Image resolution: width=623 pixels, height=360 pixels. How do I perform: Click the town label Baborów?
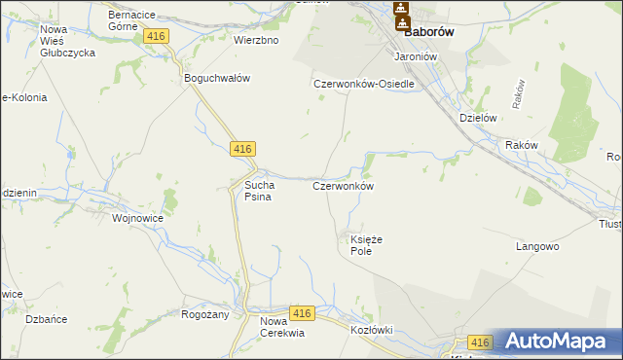click(431, 31)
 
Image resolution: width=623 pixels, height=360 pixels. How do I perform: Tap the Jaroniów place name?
click(412, 56)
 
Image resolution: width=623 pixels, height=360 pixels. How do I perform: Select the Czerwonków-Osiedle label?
click(364, 84)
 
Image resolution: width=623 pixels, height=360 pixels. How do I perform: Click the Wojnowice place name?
click(137, 219)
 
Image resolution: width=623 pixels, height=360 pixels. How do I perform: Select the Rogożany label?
click(204, 314)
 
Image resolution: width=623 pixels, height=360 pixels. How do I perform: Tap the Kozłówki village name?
click(371, 330)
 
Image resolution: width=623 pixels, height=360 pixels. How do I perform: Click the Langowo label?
click(536, 247)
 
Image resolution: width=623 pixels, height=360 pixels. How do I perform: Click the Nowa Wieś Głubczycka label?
click(67, 41)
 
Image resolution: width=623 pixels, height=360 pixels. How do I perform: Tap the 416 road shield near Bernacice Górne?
click(156, 35)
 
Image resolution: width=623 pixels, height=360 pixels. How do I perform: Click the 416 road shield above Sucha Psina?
click(243, 148)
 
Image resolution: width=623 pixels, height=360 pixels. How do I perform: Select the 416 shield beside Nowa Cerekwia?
click(302, 313)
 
